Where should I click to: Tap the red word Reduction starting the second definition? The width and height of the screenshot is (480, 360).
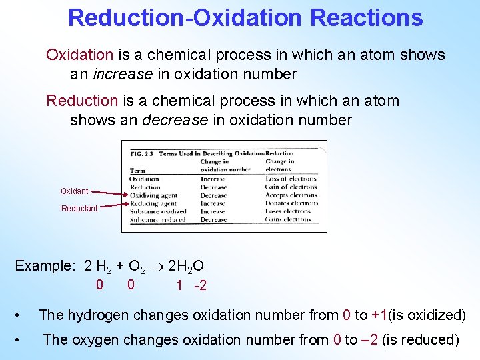coord(82,101)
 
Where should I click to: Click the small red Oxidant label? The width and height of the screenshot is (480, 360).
coord(75,191)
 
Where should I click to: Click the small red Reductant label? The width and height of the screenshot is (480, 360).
coord(79,209)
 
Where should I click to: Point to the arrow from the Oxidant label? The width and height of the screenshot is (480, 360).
coord(108,193)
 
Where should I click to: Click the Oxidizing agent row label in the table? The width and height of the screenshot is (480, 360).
coord(153,195)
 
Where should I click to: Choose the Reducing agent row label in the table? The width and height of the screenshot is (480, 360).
coord(153,203)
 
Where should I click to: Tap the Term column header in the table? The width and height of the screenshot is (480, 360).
coord(137,171)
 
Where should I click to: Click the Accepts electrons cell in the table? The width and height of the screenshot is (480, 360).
coord(291,195)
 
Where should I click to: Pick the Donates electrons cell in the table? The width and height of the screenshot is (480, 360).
coord(291,203)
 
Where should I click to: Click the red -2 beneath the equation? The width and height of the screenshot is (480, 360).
coord(200,286)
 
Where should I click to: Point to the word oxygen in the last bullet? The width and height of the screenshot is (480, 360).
coord(91,339)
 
